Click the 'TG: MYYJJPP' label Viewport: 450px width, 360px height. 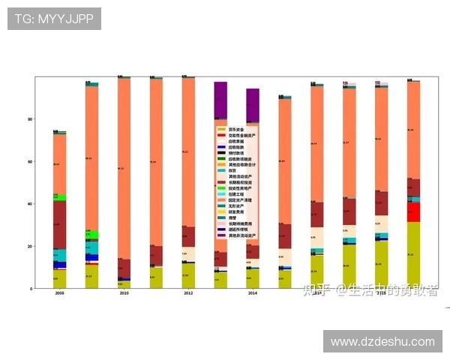click(x=53, y=18)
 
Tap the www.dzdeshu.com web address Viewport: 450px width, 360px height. click(x=382, y=341)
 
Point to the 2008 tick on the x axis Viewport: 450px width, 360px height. click(x=60, y=293)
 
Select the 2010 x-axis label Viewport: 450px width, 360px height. click(x=124, y=293)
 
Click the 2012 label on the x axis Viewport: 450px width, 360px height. click(x=188, y=293)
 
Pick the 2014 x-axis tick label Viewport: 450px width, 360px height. click(x=253, y=293)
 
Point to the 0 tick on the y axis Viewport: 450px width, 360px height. click(x=31, y=288)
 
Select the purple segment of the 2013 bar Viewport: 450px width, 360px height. click(x=220, y=100)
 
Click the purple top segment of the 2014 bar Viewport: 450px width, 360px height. click(x=253, y=105)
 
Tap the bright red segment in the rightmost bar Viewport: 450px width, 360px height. click(x=413, y=211)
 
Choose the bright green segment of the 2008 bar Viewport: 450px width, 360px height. click(x=60, y=198)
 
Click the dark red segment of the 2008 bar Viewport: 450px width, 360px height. click(x=60, y=224)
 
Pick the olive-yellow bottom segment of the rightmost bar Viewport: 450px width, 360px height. click(x=413, y=255)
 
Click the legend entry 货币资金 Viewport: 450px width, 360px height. click(x=238, y=129)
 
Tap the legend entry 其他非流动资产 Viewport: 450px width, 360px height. click(x=245, y=235)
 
